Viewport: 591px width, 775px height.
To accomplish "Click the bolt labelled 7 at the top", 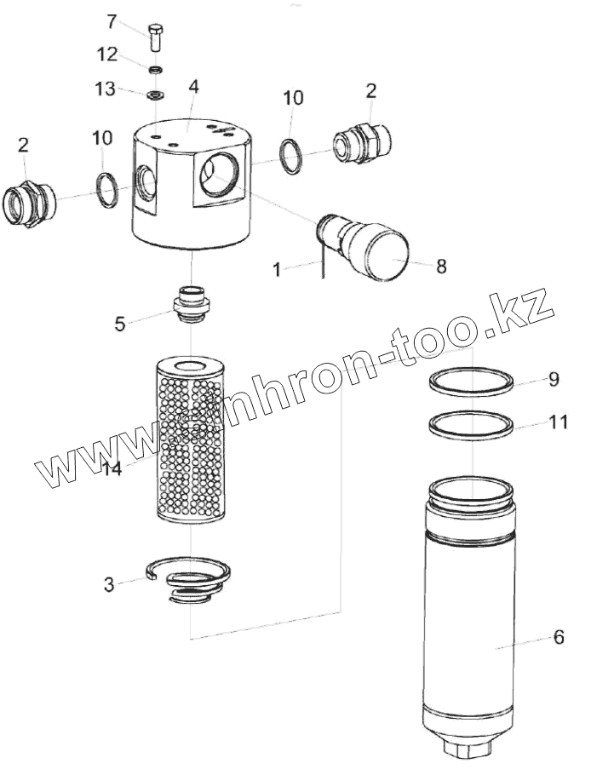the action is point(156,37).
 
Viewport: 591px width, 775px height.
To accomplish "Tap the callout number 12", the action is point(107,54).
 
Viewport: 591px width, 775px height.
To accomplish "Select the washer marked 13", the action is point(156,93).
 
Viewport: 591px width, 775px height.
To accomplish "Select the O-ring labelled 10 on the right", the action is point(290,155).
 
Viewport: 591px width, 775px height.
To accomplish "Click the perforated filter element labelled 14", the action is point(190,443).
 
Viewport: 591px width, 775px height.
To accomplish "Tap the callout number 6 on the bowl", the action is point(558,636).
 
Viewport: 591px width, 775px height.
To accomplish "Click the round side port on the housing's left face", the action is point(146,181).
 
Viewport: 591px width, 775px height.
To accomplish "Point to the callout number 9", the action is point(554,379).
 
